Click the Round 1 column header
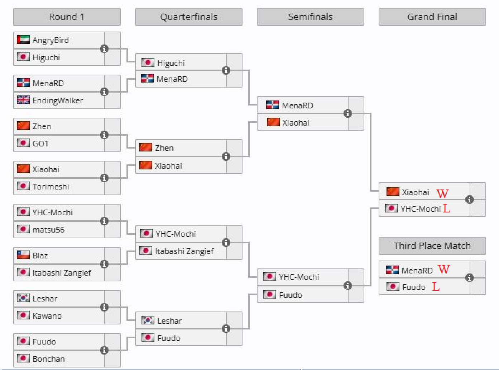pos(67,17)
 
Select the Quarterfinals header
pos(188,17)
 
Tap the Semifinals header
pos(310,17)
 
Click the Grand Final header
pos(432,17)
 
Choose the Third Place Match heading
pos(432,246)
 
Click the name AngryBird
pos(51,40)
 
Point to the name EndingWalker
pos(58,100)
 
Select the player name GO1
pos(40,144)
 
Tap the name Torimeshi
pos(51,187)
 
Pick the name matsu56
pos(49,230)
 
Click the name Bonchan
pos(49,359)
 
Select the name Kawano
pos(47,316)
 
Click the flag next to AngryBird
pos(23,39)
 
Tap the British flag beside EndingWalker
pos(23,100)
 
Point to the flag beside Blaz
pos(23,255)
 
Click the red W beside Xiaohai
pos(442,193)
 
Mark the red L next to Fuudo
pos(436,286)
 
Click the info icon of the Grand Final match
pos(470,200)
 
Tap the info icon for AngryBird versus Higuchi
pos(104,49)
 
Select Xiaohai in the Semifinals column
pos(296,123)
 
